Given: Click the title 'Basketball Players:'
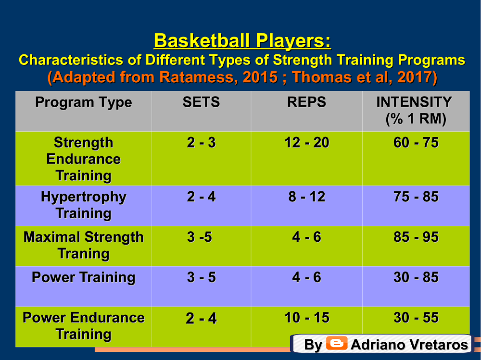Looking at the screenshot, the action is [242, 41].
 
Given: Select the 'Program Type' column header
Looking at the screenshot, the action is [83, 102].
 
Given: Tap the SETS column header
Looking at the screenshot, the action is [201, 102].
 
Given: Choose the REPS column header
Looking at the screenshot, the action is [307, 102].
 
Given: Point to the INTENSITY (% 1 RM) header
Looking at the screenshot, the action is [415, 111].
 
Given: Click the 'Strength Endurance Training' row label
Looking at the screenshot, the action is [83, 159].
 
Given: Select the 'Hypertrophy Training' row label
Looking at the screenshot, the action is [83, 205].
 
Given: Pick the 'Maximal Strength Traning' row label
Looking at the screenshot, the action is [83, 245].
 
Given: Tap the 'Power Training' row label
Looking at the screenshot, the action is [83, 277].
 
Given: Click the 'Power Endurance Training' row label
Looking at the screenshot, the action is [83, 326].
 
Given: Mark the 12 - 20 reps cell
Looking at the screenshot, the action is [307, 143].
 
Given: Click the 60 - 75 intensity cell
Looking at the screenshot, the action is [416, 143].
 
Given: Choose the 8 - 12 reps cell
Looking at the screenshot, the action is [307, 197].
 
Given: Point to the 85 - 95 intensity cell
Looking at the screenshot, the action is [416, 237].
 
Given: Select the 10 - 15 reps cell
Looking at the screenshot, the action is [307, 318].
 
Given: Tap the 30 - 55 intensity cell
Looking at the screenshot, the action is [416, 318].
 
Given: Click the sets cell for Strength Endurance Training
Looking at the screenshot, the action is [201, 143].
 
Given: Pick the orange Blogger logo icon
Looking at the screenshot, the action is [337, 343].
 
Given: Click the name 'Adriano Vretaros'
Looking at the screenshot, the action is [409, 345].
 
